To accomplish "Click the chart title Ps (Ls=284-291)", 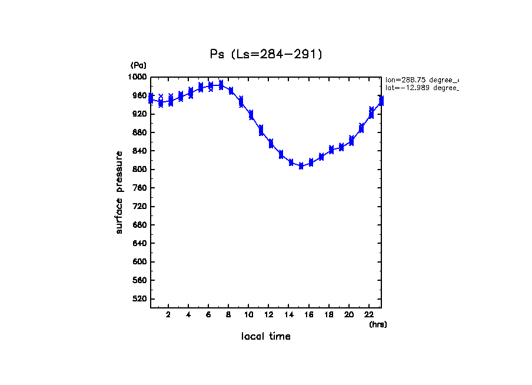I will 266,54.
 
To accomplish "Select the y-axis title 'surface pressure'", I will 119,192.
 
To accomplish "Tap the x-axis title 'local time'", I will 266,337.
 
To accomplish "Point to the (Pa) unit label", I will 138,65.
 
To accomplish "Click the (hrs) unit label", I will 378,324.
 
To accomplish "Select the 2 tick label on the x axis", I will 168,314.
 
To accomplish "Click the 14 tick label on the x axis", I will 289,314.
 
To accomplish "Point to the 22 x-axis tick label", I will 369,314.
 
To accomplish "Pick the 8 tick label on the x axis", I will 228,314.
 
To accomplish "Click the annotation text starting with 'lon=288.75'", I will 421,79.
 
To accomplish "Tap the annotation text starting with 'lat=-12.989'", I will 421,88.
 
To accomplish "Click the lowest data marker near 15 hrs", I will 301,166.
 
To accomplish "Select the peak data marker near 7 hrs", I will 221,85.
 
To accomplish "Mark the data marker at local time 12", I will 271,144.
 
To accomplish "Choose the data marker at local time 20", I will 351,141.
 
